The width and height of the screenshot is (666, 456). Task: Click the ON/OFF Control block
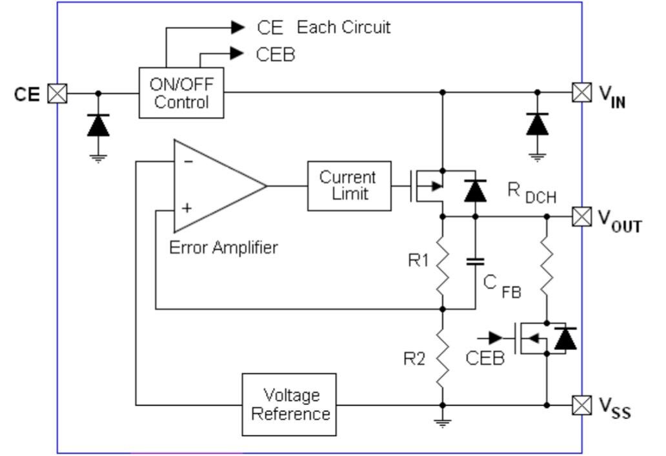(x=181, y=93)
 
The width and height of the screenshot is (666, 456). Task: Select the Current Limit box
(x=348, y=185)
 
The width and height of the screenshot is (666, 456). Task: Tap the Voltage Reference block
(x=289, y=404)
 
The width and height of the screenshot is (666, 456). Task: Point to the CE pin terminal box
(x=58, y=94)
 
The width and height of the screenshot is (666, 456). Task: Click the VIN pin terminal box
(x=581, y=93)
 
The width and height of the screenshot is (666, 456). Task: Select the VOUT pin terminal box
(x=581, y=217)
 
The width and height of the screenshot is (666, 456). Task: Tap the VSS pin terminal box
(x=581, y=405)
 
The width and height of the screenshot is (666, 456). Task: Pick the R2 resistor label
(x=414, y=359)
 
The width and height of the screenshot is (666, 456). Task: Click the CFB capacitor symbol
(x=476, y=262)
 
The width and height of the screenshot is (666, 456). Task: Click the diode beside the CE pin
(x=98, y=125)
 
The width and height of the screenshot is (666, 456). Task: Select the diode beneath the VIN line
(x=537, y=123)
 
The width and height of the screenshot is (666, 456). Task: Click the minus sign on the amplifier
(x=188, y=161)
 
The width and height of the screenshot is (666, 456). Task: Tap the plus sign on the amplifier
(x=188, y=209)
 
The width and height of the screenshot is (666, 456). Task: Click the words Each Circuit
(x=343, y=28)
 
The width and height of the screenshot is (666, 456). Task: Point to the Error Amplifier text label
(x=223, y=247)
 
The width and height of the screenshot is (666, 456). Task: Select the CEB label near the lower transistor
(x=485, y=358)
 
